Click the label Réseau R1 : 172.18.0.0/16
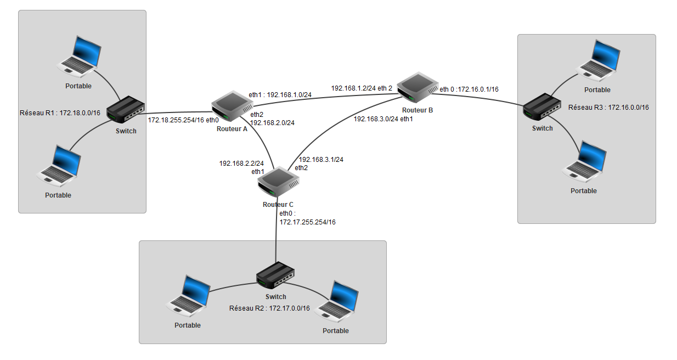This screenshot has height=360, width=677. [x=60, y=112]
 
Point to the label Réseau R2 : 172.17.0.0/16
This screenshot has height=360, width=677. [x=269, y=308]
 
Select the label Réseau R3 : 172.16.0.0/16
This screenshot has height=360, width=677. [x=608, y=108]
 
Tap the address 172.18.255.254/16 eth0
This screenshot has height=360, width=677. [x=183, y=120]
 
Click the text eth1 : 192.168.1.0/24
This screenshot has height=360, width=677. [x=280, y=94]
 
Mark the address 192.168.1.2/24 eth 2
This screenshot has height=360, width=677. [x=362, y=88]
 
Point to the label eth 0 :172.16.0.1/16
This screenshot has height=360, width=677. [x=469, y=89]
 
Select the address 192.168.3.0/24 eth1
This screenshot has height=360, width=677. [x=382, y=119]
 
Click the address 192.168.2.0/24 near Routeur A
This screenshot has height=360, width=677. [x=272, y=123]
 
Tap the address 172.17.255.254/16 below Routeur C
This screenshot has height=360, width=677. [x=307, y=222]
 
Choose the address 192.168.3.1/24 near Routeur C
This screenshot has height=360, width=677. [x=320, y=160]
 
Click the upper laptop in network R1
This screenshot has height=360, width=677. [x=80, y=56]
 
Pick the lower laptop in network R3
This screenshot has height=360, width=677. [x=585, y=162]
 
